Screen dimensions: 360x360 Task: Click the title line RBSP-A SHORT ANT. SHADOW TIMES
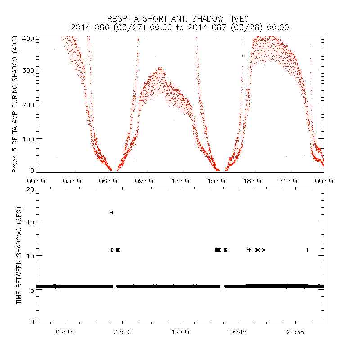(x=180, y=19)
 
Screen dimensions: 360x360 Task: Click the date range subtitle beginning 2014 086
(x=180, y=27)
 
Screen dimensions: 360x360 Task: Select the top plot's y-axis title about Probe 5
(x=15, y=104)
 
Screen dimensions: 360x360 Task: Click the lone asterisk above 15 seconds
(x=112, y=212)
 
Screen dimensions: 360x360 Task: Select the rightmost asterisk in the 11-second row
(x=307, y=250)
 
